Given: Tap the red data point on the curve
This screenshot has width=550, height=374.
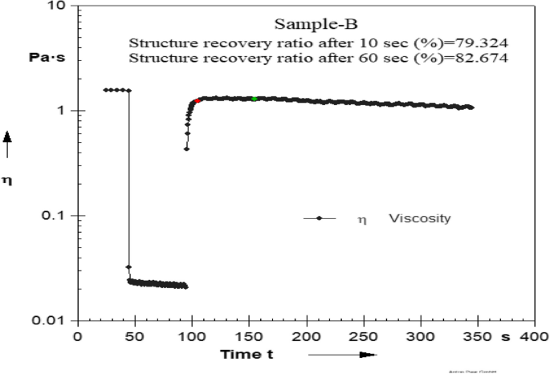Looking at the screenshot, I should (x=198, y=101).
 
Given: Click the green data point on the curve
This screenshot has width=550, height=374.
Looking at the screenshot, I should (x=255, y=99).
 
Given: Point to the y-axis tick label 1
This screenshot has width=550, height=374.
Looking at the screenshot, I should (x=61, y=111).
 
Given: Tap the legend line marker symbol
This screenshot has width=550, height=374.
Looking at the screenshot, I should (x=319, y=218).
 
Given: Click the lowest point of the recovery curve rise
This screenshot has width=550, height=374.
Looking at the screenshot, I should (x=186, y=148).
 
